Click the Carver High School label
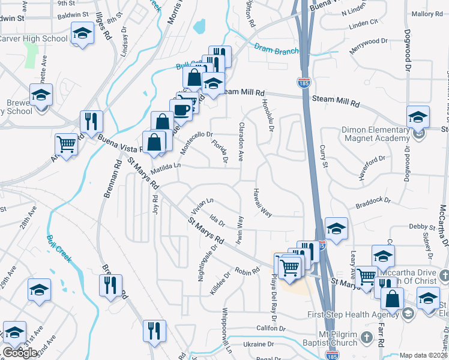click(x=33, y=39)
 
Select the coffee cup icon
click(x=181, y=109)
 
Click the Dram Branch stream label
click(x=276, y=50)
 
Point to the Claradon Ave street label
click(x=241, y=142)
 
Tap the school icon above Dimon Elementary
click(x=418, y=116)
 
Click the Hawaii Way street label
click(x=263, y=200)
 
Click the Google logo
click(x=20, y=353)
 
